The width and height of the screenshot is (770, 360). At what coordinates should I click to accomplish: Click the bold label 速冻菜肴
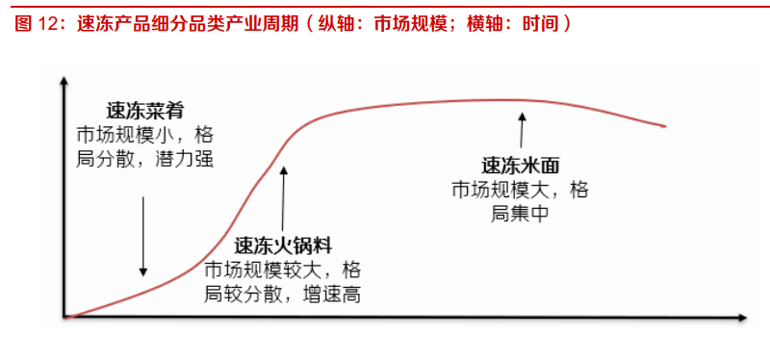pos(138,111)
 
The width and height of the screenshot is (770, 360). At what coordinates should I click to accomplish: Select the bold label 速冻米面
pos(520,166)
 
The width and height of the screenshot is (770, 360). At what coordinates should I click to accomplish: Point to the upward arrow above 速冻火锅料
pos(283,197)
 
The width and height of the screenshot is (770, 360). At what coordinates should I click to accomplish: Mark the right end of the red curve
pos(665,126)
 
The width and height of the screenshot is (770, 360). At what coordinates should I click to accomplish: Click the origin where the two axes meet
pos(64,316)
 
